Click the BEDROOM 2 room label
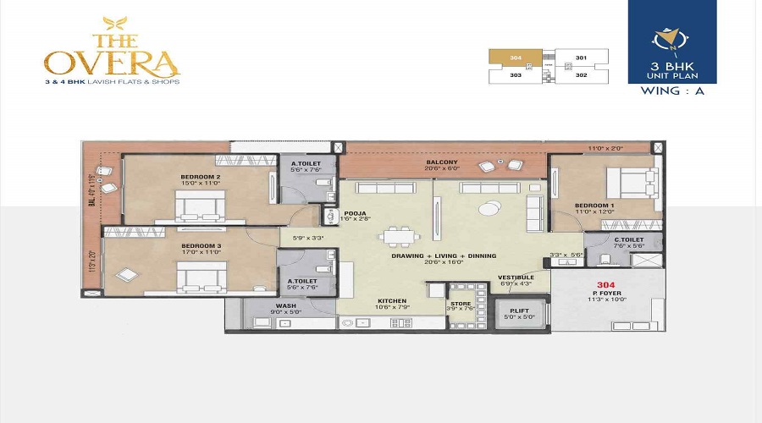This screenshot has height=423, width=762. [x=201, y=177]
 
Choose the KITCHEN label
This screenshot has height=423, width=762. [x=393, y=300]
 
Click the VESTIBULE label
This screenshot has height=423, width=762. [x=515, y=277]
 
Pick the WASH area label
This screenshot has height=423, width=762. [x=284, y=305]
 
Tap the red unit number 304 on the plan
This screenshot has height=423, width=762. [x=605, y=285]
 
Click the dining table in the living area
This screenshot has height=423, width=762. [x=398, y=238]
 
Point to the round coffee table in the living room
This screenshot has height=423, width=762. [x=489, y=207]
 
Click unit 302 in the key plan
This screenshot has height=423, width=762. [x=581, y=75]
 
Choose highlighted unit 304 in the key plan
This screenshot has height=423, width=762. [x=516, y=58]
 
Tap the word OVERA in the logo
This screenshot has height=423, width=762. [x=112, y=61]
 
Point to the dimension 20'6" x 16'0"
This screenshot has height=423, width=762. [x=443, y=263]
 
